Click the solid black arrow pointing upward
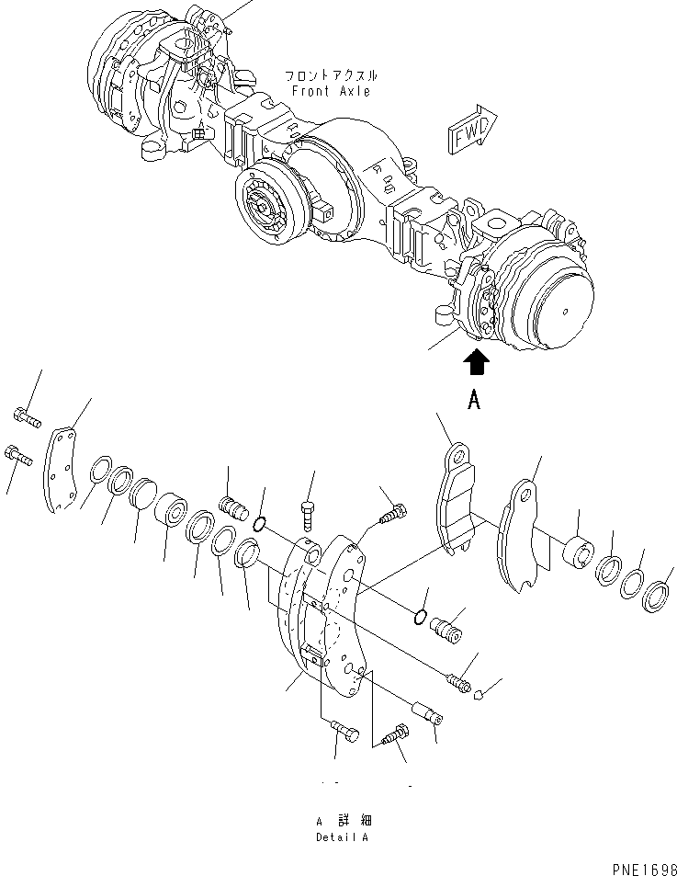click(x=476, y=364)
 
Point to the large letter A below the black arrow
click(x=475, y=400)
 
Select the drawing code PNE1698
click(x=639, y=867)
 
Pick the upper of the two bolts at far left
click(x=27, y=420)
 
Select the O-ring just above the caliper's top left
click(x=260, y=525)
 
